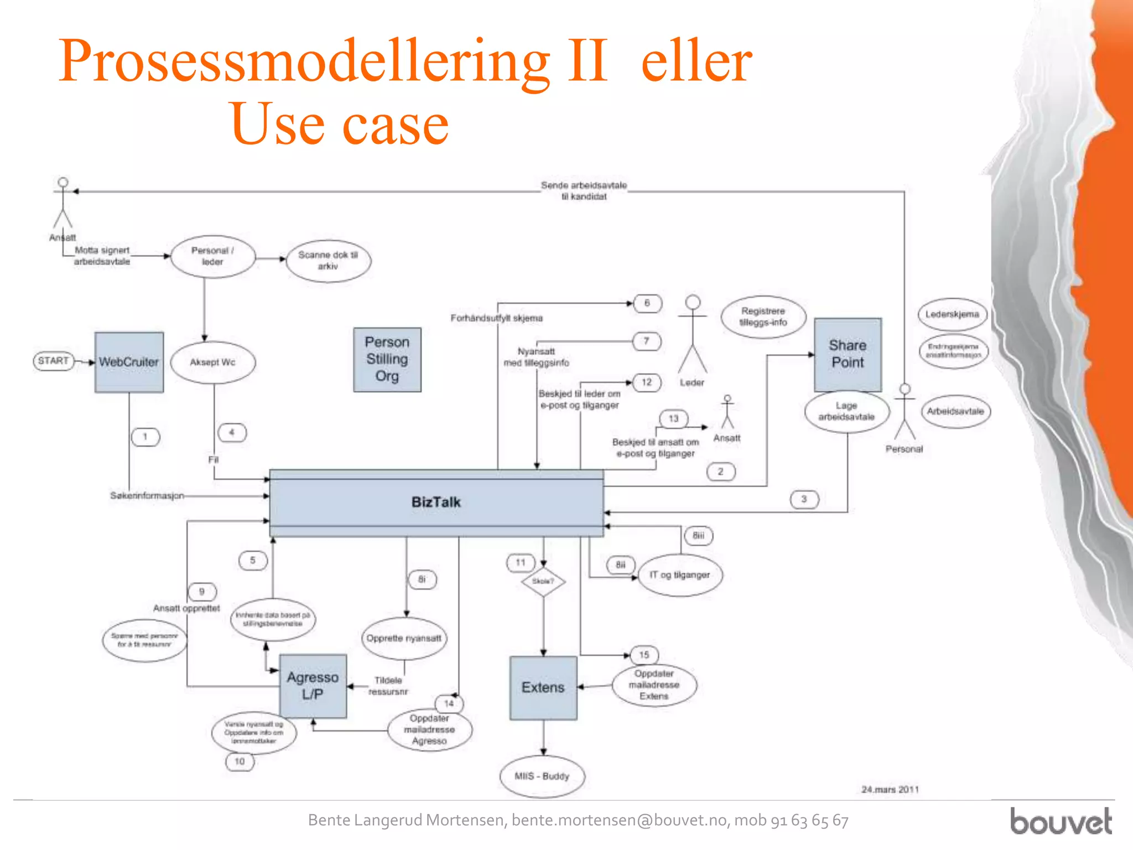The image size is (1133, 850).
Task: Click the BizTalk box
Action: [436, 502]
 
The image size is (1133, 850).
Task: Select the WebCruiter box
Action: [129, 362]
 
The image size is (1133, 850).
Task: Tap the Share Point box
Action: [848, 354]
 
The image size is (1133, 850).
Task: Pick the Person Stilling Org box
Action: [387, 359]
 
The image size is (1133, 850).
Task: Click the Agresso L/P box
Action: [313, 686]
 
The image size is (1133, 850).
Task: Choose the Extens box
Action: [543, 687]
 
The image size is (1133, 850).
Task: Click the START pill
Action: [54, 361]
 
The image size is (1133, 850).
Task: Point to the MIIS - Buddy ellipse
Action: [542, 776]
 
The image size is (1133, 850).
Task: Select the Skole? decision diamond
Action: [543, 582]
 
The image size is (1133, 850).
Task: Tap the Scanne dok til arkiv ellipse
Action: [328, 261]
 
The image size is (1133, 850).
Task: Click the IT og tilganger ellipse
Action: [680, 575]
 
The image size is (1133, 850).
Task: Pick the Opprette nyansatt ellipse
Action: [404, 638]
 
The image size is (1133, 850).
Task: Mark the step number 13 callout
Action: [673, 418]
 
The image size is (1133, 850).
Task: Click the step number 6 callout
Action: [647, 303]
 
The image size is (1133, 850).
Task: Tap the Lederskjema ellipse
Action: [952, 314]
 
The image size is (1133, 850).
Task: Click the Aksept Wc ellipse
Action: [213, 362]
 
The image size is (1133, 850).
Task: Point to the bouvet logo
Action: [1061, 821]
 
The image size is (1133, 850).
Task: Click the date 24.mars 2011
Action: [890, 789]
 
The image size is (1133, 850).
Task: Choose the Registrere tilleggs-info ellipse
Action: [763, 317]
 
